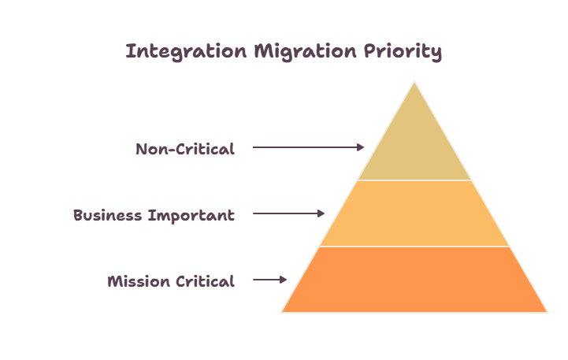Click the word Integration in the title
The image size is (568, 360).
186,51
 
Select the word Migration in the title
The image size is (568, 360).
306,51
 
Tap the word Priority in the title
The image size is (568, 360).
403,51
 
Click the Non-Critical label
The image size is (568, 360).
185,149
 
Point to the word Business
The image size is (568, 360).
108,215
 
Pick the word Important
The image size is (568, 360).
191,216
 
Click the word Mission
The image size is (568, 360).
139,281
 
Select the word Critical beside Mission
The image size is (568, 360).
206,281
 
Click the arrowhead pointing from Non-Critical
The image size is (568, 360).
361,147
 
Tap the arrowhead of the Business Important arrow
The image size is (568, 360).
321,213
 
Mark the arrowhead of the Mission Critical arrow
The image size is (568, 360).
284,280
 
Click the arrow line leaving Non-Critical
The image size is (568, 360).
309,147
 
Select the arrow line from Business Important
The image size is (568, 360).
288,213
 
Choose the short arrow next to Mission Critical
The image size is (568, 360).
270,280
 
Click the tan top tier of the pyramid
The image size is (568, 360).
414,145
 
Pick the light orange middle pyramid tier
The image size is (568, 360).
414,213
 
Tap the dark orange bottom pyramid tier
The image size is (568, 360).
414,280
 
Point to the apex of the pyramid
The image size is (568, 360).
414,82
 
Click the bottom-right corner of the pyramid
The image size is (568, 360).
548,312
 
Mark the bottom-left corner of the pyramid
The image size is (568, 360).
281,312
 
